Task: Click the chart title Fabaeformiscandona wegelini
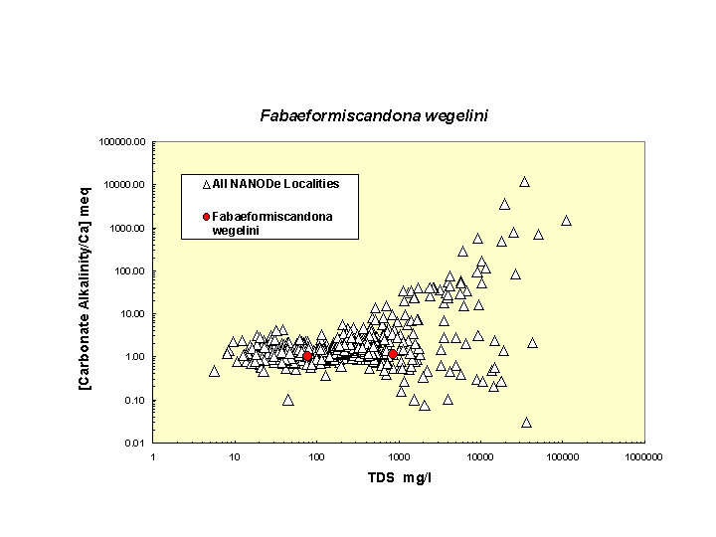tap(374, 116)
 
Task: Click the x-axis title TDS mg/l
tap(399, 478)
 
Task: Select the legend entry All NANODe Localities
tap(275, 183)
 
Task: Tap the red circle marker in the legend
tap(206, 217)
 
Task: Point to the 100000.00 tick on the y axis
tap(123, 141)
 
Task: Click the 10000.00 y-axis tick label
tap(125, 185)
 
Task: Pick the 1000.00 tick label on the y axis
tap(127, 228)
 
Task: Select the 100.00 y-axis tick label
tap(129, 270)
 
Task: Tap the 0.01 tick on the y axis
tap(135, 443)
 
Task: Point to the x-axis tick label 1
tap(153, 456)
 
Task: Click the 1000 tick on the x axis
tap(399, 456)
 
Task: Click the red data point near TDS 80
tap(307, 355)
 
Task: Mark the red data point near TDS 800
tap(393, 354)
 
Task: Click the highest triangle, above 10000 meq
tap(524, 182)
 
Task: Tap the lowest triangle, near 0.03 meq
tap(526, 422)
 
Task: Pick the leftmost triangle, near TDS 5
tap(214, 371)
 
